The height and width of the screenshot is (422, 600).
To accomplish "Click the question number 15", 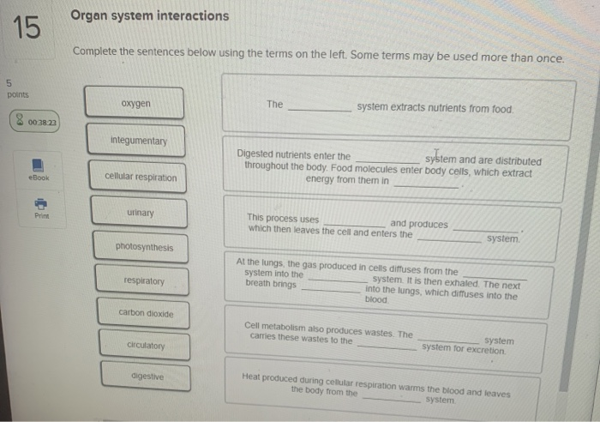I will click(27, 28).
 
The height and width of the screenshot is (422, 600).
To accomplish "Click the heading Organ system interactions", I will click(149, 16).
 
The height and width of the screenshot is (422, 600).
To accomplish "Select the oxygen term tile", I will click(135, 104).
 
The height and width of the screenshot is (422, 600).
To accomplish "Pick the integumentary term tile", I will click(138, 141).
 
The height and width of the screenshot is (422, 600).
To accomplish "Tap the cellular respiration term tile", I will click(141, 178).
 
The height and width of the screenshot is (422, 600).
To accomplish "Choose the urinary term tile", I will click(141, 213).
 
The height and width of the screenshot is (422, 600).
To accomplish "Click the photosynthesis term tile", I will click(144, 248).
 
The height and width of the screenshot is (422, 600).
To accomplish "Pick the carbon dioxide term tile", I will click(146, 314).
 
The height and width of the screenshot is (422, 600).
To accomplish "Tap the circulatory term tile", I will click(146, 346).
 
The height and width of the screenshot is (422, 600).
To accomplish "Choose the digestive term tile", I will click(147, 377).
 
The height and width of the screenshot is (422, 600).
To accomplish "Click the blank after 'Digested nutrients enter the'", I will click(387, 160).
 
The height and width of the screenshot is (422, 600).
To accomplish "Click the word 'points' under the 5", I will click(17, 95).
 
